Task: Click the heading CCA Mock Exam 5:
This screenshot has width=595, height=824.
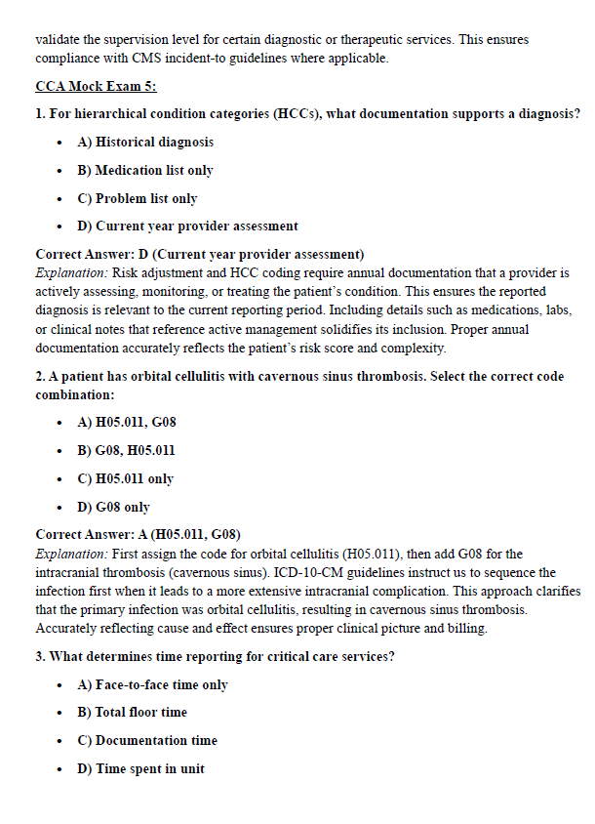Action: (x=96, y=87)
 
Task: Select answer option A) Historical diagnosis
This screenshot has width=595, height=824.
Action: (x=145, y=142)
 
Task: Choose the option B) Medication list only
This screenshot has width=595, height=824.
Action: (x=144, y=170)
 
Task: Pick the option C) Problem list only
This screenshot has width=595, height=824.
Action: (x=137, y=198)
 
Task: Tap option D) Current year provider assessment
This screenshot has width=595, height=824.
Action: (x=187, y=226)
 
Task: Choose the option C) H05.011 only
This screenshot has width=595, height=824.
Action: (x=125, y=478)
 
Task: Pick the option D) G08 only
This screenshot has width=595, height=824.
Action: (x=113, y=507)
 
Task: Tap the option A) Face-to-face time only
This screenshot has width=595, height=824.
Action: (x=152, y=684)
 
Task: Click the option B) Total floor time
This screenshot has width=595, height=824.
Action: (x=132, y=712)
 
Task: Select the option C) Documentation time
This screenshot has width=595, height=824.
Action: (x=146, y=740)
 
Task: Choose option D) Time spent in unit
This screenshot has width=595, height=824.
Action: (x=140, y=768)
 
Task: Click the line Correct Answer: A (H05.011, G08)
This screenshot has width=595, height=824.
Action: (x=138, y=534)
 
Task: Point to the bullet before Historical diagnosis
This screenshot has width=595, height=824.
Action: (x=61, y=143)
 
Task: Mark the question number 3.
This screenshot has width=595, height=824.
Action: (x=40, y=656)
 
